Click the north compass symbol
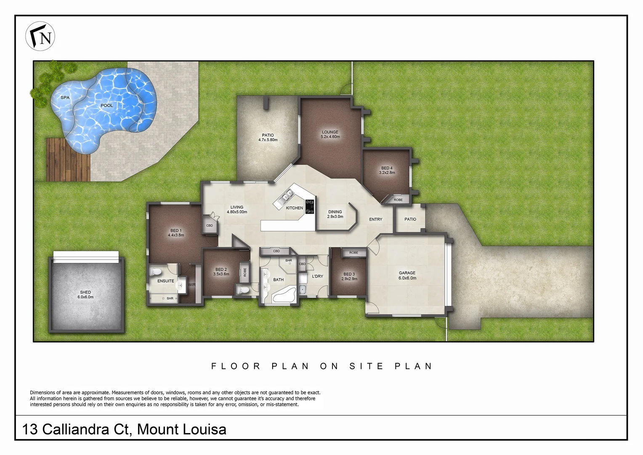pyautogui.click(x=40, y=37)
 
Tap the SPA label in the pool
pyautogui.click(x=65, y=98)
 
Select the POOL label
pyautogui.click(x=106, y=105)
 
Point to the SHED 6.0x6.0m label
pyautogui.click(x=85, y=294)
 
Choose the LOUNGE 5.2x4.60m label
pyautogui.click(x=330, y=134)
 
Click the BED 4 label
pyautogui.click(x=387, y=170)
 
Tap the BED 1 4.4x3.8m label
pyautogui.click(x=176, y=233)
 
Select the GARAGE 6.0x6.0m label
pyautogui.click(x=407, y=276)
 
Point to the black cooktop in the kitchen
pyautogui.click(x=310, y=207)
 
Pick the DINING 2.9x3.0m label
pyautogui.click(x=335, y=214)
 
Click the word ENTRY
pyautogui.click(x=375, y=219)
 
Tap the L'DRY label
pyautogui.click(x=317, y=276)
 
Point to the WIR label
pyautogui.click(x=192, y=285)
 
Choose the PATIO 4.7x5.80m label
pyautogui.click(x=268, y=137)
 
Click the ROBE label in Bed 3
pyautogui.click(x=353, y=253)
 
